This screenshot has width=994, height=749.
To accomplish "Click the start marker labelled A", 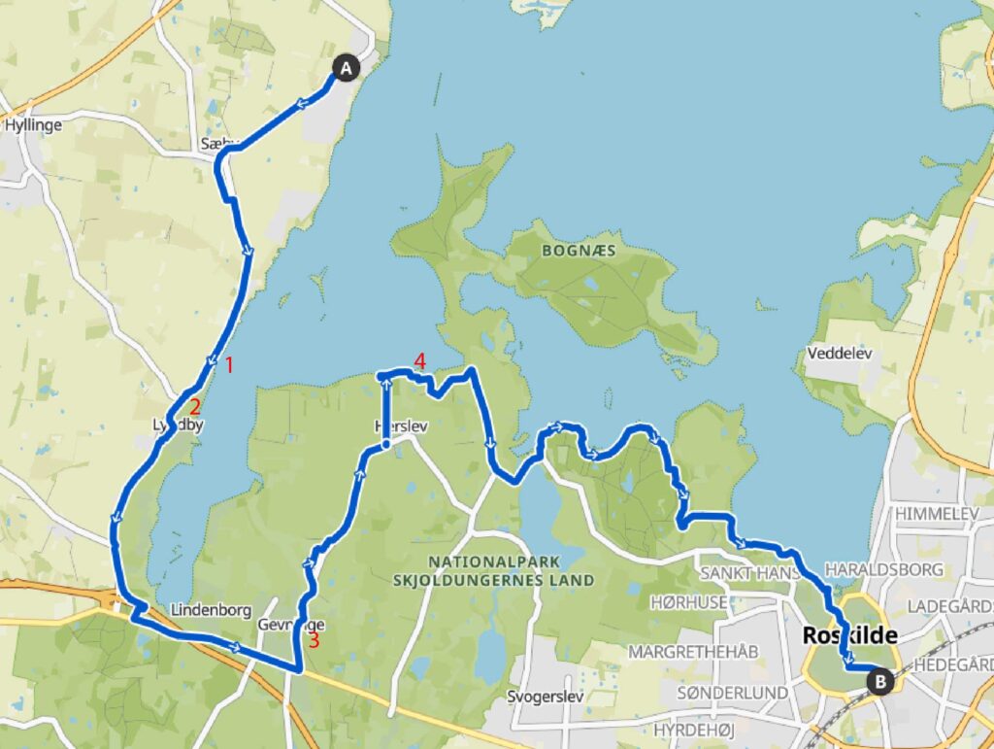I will [x=347, y=67].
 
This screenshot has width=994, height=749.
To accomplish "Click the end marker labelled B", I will [x=880, y=681].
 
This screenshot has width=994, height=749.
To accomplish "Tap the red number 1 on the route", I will [x=230, y=365].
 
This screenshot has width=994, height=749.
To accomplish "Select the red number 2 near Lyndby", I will [x=195, y=407].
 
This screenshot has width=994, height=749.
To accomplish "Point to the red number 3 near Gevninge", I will [x=314, y=640].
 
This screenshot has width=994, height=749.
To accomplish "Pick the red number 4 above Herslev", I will [x=419, y=361].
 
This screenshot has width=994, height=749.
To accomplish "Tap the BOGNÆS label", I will [x=579, y=251].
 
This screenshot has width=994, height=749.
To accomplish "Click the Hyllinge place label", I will [x=33, y=125].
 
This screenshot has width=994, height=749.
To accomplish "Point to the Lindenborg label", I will [x=211, y=610].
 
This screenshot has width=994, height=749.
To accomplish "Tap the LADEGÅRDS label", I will [x=951, y=605].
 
